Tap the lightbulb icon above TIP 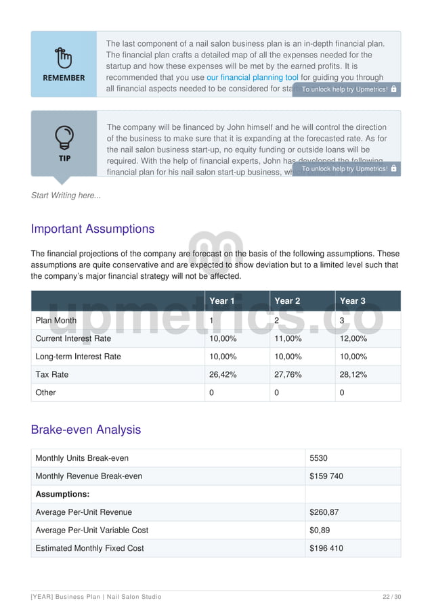pos(64,137)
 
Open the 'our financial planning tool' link pos(252,78)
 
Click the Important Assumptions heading pos(93,229)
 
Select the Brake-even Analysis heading pos(86,430)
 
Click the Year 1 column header pos(222,301)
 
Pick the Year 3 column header pos(352,301)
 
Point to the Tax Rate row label pos(52,374)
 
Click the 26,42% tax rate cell pos(223,374)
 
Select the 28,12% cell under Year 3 pos(353,374)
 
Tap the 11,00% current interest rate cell pos(288,338)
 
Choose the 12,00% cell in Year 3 pos(353,338)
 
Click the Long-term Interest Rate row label pos(78,357)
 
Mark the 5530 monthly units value pos(318,458)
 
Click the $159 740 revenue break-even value pos(326,476)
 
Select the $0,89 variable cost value pos(320,530)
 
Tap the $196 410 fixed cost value pos(326,548)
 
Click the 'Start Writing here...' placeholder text pos(66,196)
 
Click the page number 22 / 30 pos(391,597)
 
